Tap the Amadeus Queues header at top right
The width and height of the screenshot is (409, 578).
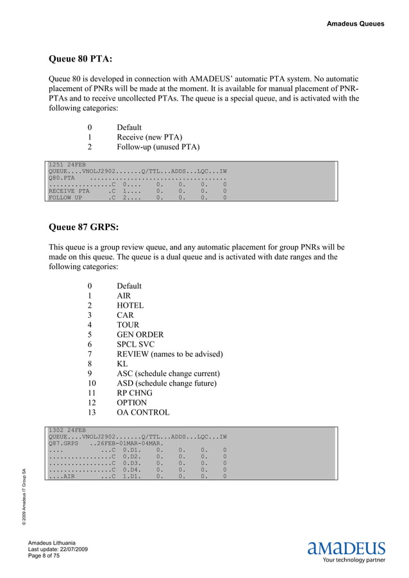coord(355,24)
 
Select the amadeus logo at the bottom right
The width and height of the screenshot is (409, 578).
coord(347,549)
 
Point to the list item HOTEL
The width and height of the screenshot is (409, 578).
coord(130,306)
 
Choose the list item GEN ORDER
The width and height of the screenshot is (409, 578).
coord(140,334)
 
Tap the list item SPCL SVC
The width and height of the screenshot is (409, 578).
coord(135,345)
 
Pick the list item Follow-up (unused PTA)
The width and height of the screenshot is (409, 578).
coord(158,147)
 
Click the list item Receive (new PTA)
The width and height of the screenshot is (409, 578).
coord(149,137)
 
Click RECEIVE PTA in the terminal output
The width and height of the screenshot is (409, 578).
coord(69,191)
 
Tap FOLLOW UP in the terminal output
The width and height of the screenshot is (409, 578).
coord(65,199)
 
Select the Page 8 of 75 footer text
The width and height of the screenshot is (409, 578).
coord(44,557)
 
